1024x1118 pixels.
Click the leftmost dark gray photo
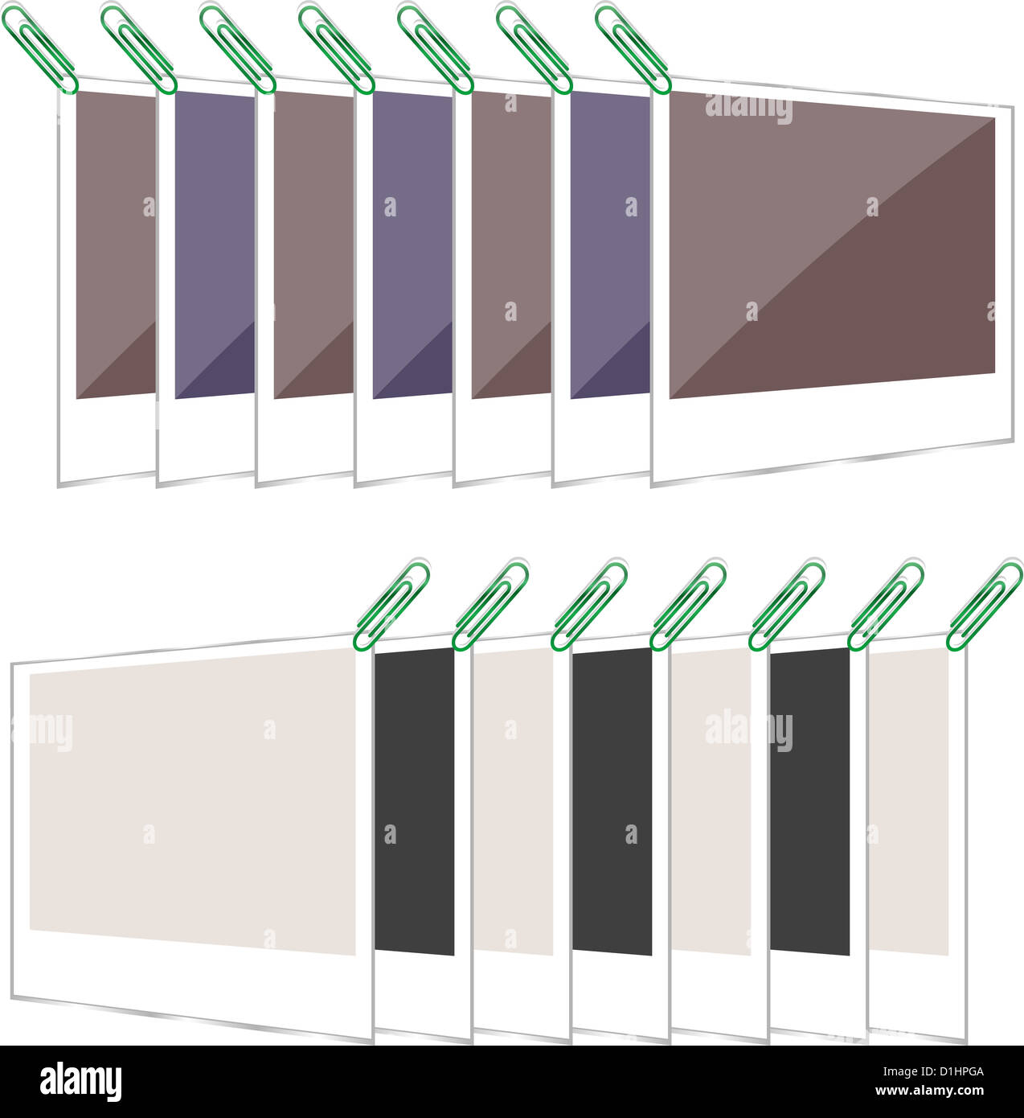415,800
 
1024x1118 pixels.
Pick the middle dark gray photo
612,800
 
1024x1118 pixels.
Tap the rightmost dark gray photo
809,800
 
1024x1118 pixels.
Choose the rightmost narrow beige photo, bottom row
908,800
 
